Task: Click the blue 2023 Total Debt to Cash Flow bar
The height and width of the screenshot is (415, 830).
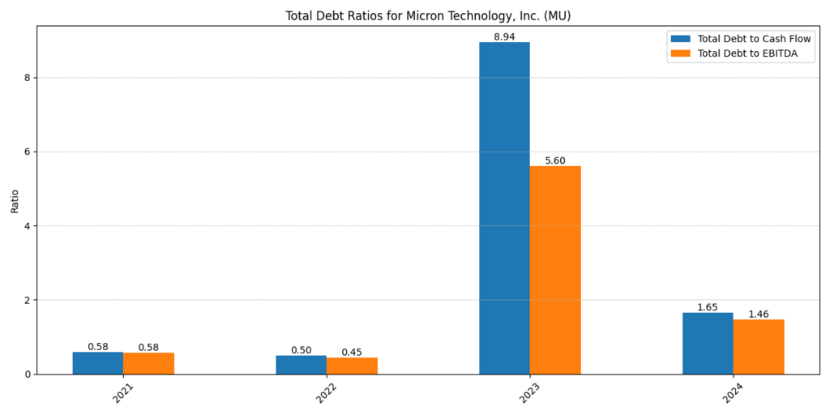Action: (504, 207)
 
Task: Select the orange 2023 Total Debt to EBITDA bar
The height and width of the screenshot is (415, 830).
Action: (555, 270)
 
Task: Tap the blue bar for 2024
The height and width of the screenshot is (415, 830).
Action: (708, 343)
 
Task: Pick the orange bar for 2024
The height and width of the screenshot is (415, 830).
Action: (759, 347)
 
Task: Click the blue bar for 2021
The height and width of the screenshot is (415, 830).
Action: (97, 363)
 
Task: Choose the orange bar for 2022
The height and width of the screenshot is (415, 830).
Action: (352, 366)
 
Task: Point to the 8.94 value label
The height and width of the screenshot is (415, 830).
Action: (504, 37)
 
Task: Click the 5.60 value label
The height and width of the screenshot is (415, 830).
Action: (555, 161)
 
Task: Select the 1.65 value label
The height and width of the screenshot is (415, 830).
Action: (708, 307)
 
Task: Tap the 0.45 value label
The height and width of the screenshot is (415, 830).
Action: (352, 353)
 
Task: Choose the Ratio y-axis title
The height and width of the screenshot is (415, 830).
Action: (15, 200)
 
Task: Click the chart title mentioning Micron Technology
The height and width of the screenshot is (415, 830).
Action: (428, 16)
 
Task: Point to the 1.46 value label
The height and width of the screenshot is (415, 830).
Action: (759, 314)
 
